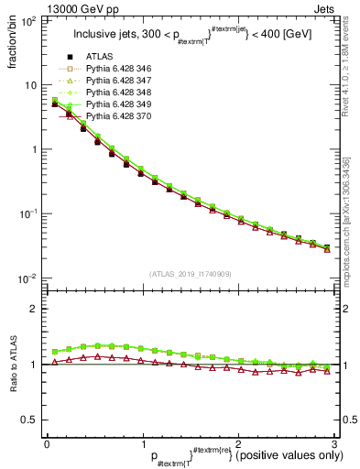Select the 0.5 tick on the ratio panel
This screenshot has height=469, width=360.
(30, 420)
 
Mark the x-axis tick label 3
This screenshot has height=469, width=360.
(335, 444)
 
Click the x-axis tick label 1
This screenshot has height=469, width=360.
(143, 444)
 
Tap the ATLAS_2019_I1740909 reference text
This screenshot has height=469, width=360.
(191, 274)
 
